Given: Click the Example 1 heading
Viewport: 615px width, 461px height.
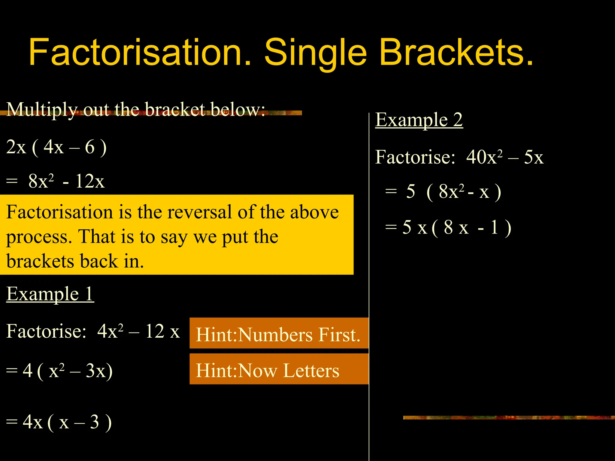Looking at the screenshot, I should pyautogui.click(x=50, y=294).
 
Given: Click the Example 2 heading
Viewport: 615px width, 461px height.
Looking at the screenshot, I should pyautogui.click(x=419, y=120).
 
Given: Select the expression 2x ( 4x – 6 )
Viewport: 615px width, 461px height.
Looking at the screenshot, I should pyautogui.click(x=56, y=147).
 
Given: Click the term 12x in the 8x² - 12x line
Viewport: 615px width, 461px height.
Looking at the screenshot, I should pyautogui.click(x=90, y=181).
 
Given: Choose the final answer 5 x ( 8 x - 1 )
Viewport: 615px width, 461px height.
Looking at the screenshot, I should pyautogui.click(x=456, y=227).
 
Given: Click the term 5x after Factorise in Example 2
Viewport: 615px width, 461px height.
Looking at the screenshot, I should pyautogui.click(x=534, y=157).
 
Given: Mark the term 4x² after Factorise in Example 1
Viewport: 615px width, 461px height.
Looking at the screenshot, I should pyautogui.click(x=110, y=331).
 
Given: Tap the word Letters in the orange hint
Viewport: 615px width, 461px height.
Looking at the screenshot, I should pyautogui.click(x=311, y=370).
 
